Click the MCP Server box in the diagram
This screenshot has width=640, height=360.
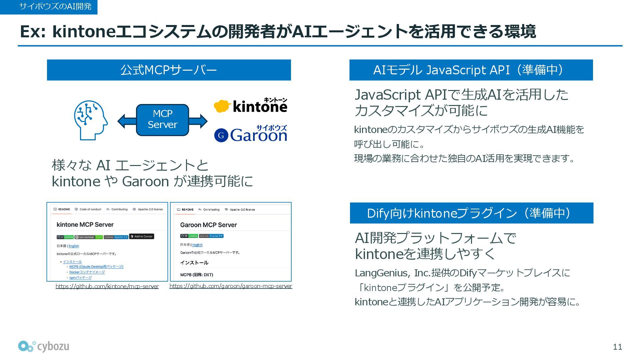point(162,119)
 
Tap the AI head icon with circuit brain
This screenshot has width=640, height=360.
point(90,120)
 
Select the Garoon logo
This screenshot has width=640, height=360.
point(250,134)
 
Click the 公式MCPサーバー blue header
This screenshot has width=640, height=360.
point(169,70)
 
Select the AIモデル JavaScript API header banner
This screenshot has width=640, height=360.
point(471,70)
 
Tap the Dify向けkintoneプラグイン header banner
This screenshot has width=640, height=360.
point(471,213)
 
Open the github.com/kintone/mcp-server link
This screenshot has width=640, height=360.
point(107,286)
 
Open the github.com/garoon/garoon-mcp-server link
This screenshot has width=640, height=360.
point(231,286)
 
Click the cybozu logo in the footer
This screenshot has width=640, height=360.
point(44,346)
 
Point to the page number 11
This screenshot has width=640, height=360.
point(617,347)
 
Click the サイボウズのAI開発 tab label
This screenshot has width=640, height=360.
point(55,6)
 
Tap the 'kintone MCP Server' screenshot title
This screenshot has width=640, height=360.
point(85,225)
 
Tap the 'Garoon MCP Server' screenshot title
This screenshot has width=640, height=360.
point(208,225)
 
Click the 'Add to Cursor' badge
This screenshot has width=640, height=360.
point(142,237)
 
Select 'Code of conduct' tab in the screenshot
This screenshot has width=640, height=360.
point(88,209)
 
